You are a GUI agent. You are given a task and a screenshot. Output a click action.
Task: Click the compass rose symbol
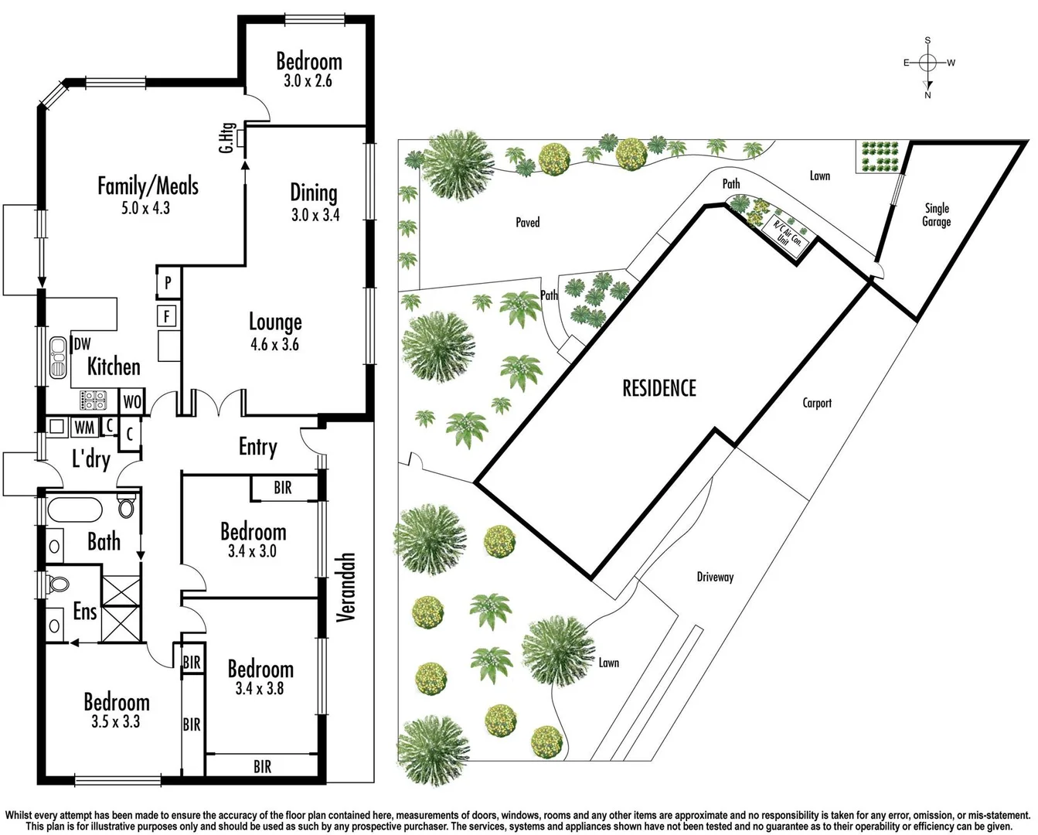click(928, 63)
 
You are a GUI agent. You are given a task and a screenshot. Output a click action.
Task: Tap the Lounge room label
click(275, 322)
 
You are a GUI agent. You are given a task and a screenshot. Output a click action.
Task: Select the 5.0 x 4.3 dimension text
click(145, 208)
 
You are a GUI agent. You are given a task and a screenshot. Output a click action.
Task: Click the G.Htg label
click(226, 138)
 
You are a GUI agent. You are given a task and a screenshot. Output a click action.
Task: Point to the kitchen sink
click(58, 357)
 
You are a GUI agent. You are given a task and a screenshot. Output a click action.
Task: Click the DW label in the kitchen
click(82, 345)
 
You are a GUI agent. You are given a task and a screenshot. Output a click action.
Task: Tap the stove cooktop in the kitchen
click(94, 400)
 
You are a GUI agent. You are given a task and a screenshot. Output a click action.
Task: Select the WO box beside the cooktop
click(132, 402)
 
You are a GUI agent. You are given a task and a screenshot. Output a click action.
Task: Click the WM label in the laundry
click(83, 428)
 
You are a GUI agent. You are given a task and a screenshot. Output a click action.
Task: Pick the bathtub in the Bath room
click(74, 511)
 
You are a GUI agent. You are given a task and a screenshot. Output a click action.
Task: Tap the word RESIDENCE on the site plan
click(659, 388)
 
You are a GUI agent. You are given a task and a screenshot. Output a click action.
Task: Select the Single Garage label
click(936, 215)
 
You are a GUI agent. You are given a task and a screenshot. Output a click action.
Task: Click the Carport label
click(817, 403)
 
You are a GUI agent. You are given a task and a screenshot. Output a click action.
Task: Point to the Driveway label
click(715, 577)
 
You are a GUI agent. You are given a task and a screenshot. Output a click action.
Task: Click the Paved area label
click(528, 223)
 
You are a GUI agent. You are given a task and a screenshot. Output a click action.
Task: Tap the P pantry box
click(168, 284)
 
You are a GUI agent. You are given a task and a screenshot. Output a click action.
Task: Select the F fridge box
click(167, 315)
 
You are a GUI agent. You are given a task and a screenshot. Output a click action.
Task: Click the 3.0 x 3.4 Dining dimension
click(315, 215)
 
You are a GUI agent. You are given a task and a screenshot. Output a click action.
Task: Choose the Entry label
click(257, 447)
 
